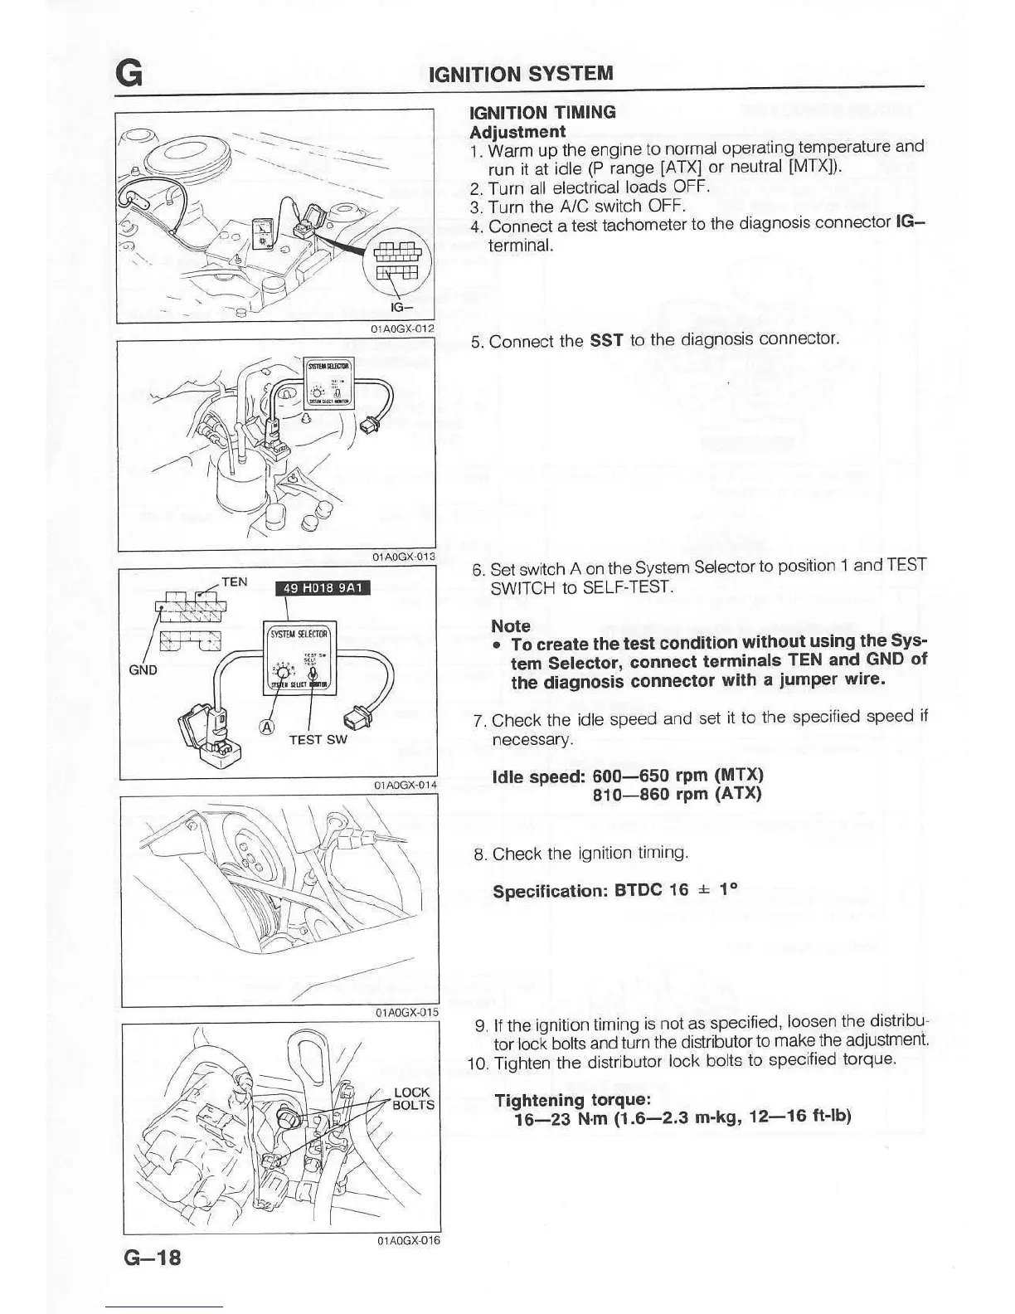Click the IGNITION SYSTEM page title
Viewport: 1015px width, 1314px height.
[x=521, y=73]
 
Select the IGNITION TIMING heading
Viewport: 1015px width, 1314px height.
[x=542, y=112]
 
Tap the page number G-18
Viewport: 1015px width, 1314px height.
[x=152, y=1258]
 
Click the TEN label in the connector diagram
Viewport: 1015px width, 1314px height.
[x=235, y=582]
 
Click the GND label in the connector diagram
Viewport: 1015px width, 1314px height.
[x=143, y=669]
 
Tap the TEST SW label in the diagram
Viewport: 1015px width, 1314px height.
[x=318, y=739]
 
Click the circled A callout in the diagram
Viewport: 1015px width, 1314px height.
[x=266, y=728]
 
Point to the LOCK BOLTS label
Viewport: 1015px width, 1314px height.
[x=413, y=1098]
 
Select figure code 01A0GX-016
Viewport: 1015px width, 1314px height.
[x=408, y=1241]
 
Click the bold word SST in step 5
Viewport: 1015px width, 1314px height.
[x=606, y=340]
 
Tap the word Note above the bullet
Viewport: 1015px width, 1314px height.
[x=511, y=626]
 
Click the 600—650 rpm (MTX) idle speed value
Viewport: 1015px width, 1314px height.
[x=678, y=775]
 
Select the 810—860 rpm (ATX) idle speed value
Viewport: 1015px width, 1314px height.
[x=677, y=794]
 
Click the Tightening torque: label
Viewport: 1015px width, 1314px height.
[x=572, y=1100]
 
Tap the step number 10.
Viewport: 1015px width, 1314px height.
[x=478, y=1063]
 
